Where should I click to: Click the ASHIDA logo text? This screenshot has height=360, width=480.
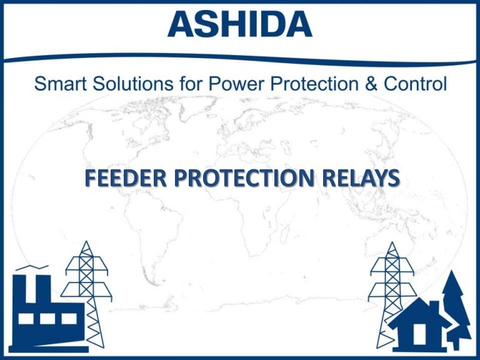pos(240,24)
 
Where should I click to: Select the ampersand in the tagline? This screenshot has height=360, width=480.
pos(371,84)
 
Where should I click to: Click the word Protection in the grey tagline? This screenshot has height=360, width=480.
pos(302,84)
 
